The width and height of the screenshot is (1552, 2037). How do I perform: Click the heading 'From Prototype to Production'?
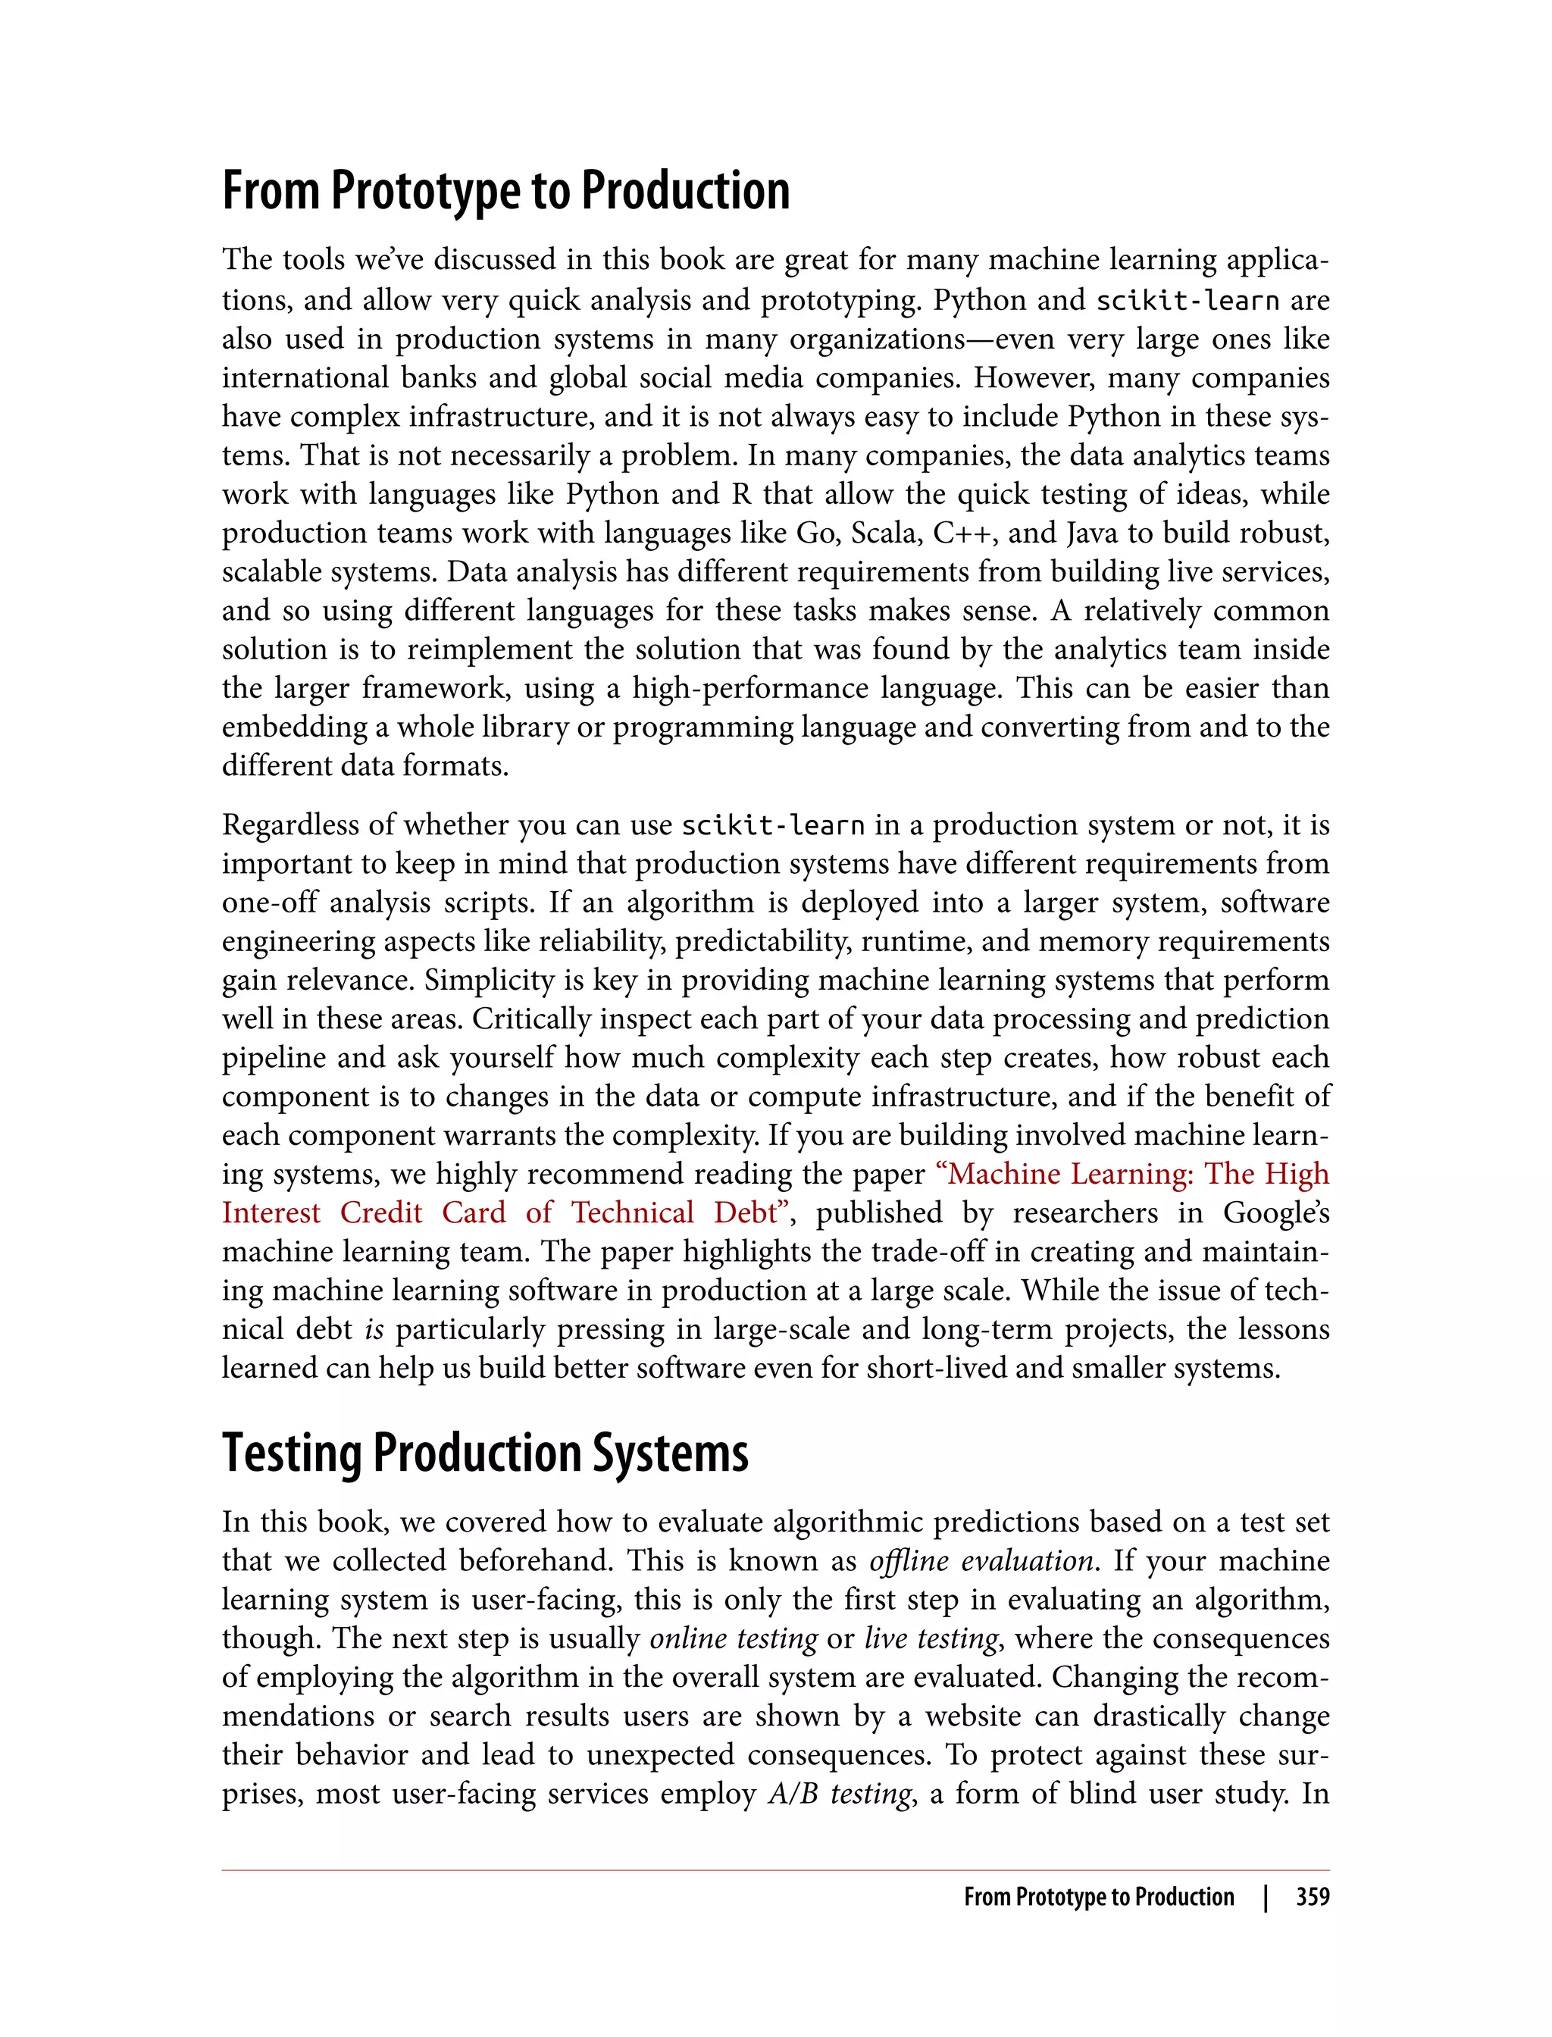[x=505, y=190]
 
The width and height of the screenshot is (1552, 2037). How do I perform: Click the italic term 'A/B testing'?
[x=840, y=1794]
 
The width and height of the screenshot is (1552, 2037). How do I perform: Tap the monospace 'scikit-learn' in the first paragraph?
[x=1187, y=300]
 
